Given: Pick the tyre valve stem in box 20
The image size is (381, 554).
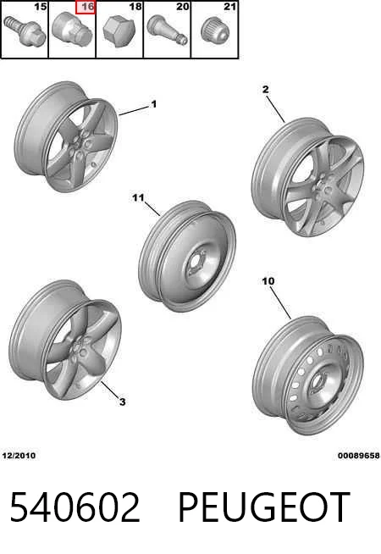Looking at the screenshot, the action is tap(167, 30).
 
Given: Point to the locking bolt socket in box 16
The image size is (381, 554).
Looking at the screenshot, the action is tap(72, 28).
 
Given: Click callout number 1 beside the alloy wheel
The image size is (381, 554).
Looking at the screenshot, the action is tap(153, 104).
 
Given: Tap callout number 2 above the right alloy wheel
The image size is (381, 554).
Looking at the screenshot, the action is tap(266, 90).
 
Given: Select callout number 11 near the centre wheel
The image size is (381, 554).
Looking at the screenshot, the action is tap(138, 197).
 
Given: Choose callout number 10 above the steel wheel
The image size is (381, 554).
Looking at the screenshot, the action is tap(268, 281).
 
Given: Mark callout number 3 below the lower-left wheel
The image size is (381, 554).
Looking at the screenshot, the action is tap(122, 402).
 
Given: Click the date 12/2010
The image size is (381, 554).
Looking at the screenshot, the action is tap(19, 456).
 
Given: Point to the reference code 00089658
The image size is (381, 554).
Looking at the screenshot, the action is tap(359, 456).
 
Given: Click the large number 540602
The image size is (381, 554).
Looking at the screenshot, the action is tap(75, 507).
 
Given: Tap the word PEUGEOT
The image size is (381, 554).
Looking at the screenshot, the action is tap(264, 507).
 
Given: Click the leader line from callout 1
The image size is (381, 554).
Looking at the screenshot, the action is tap(134, 111).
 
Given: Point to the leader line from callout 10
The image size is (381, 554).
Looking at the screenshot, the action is tap(281, 303).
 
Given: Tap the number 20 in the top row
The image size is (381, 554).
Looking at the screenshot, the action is tap(183, 7).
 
